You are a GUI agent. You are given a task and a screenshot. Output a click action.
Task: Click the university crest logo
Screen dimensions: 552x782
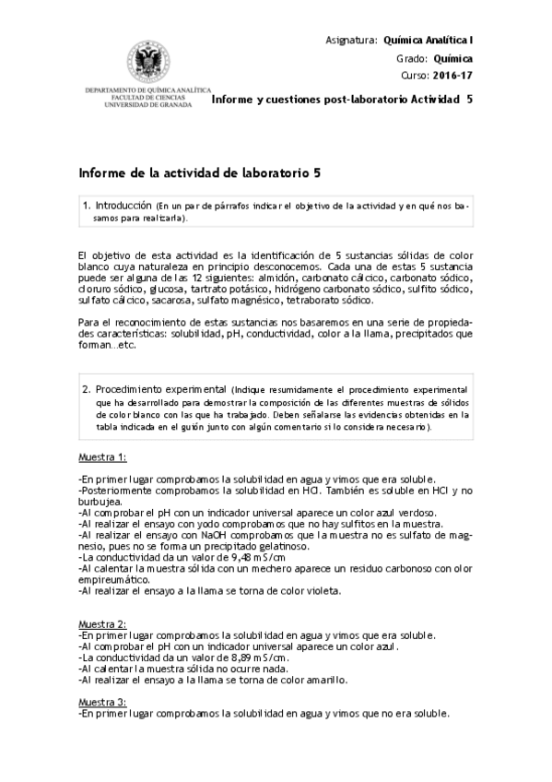coord(147,62)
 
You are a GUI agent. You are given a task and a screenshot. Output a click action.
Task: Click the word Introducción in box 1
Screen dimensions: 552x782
coord(123,206)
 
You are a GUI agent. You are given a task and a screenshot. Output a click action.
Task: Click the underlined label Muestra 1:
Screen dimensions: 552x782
coord(102,457)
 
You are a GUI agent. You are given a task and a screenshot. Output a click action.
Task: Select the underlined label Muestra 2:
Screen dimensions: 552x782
coord(102,624)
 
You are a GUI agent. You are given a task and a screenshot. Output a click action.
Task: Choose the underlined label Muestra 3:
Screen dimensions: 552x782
coord(102,702)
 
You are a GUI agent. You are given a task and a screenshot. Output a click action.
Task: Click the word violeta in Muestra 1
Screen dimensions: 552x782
coord(322,590)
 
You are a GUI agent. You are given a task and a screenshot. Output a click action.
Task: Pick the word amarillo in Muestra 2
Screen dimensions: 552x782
coord(325,680)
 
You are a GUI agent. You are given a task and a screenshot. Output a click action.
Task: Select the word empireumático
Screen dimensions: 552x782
coord(115,579)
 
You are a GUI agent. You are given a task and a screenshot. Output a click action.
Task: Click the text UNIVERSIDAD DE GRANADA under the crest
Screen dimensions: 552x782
coord(148,104)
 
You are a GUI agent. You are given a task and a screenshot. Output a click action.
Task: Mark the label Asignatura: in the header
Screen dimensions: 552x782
coord(352,41)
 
